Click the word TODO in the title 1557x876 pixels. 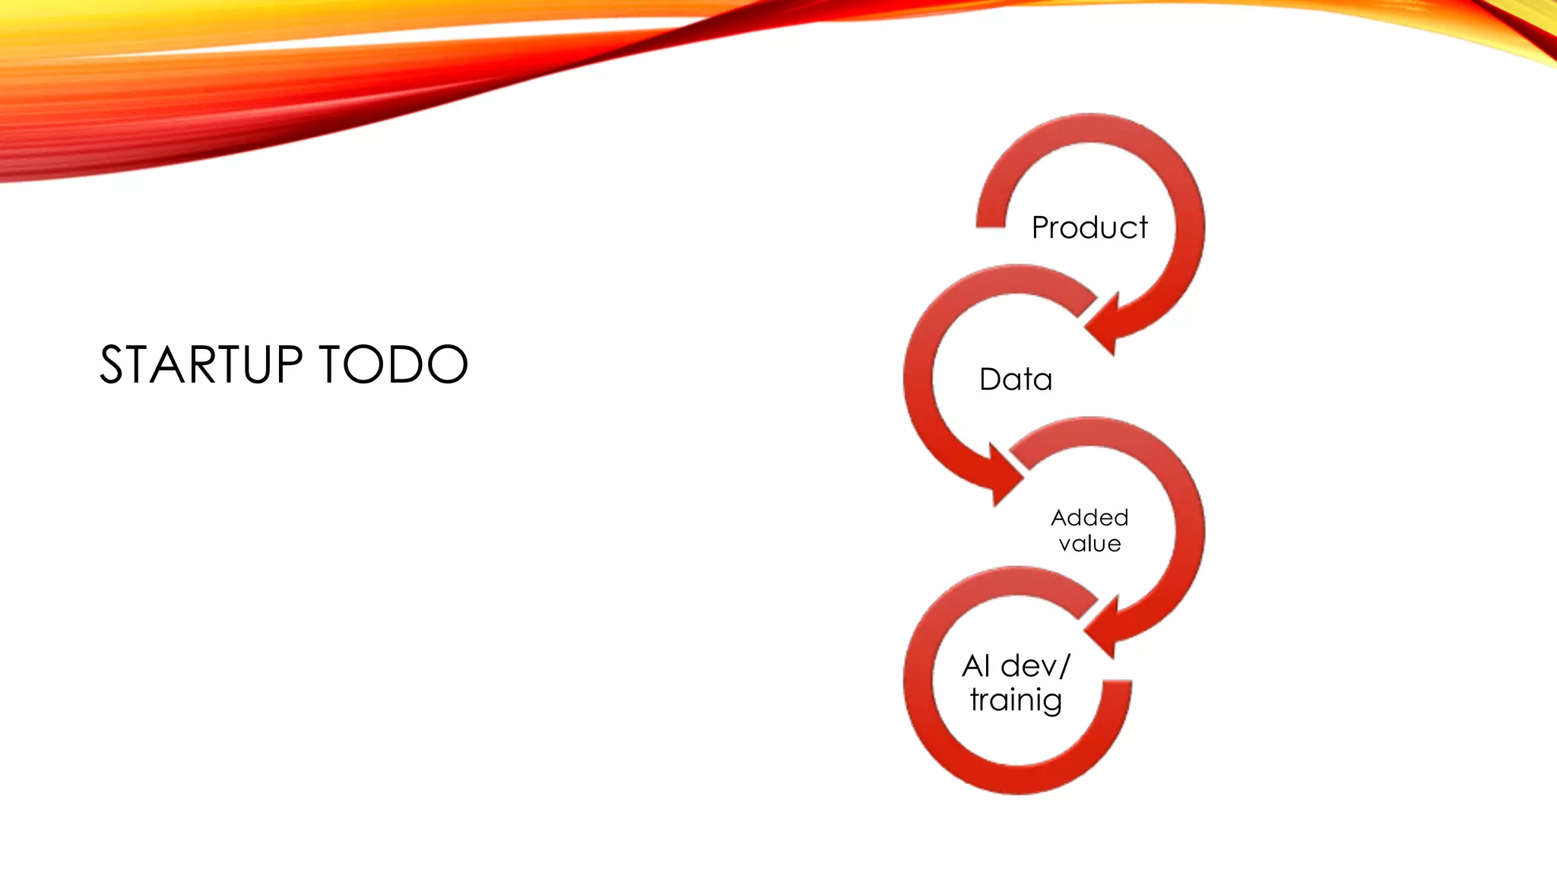393,364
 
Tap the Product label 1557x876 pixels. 1089,227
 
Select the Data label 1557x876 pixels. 1016,379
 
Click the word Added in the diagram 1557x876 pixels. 1089,518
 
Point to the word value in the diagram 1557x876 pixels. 1089,544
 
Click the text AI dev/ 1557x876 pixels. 1016,666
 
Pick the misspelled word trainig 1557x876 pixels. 1016,700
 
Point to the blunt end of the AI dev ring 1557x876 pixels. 1117,688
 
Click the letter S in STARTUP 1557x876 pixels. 112,364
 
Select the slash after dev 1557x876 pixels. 1064,666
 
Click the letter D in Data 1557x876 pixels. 989,379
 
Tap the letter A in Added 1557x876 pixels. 1060,518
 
